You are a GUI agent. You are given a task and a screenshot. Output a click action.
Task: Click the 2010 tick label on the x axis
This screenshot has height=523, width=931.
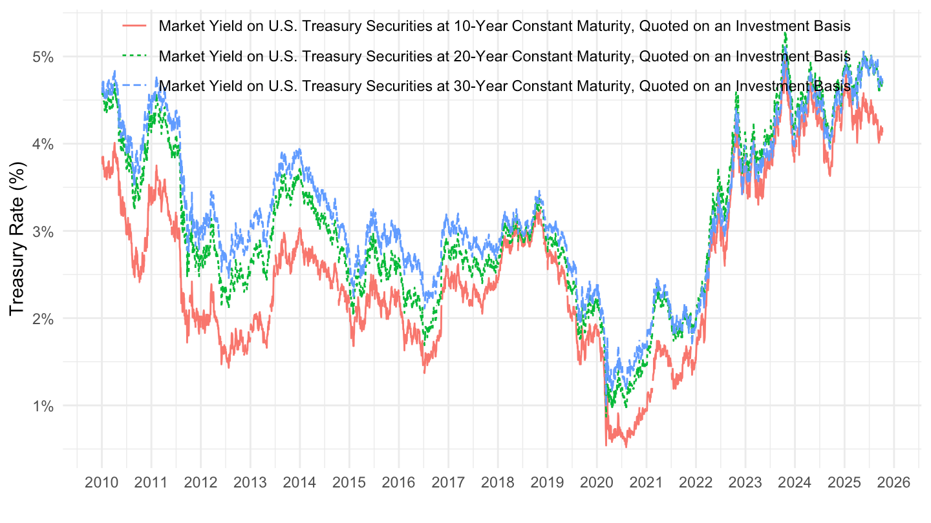102,482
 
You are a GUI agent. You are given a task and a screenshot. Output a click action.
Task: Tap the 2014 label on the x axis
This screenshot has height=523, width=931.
299,482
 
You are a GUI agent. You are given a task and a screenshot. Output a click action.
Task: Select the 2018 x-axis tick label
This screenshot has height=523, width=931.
497,482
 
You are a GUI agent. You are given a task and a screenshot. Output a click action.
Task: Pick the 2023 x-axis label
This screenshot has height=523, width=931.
745,482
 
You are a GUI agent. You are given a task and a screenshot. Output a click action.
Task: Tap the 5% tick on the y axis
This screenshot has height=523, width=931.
43,57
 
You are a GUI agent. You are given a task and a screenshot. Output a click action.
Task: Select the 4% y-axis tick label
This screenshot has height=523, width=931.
43,144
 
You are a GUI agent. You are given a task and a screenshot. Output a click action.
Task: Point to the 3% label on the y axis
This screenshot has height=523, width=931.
43,231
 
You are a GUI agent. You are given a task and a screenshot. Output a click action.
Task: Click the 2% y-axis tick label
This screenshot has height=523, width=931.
43,318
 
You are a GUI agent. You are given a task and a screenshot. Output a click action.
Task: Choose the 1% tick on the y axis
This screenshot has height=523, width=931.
43,406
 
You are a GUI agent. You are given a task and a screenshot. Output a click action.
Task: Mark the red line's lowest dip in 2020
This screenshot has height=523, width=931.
626,447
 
